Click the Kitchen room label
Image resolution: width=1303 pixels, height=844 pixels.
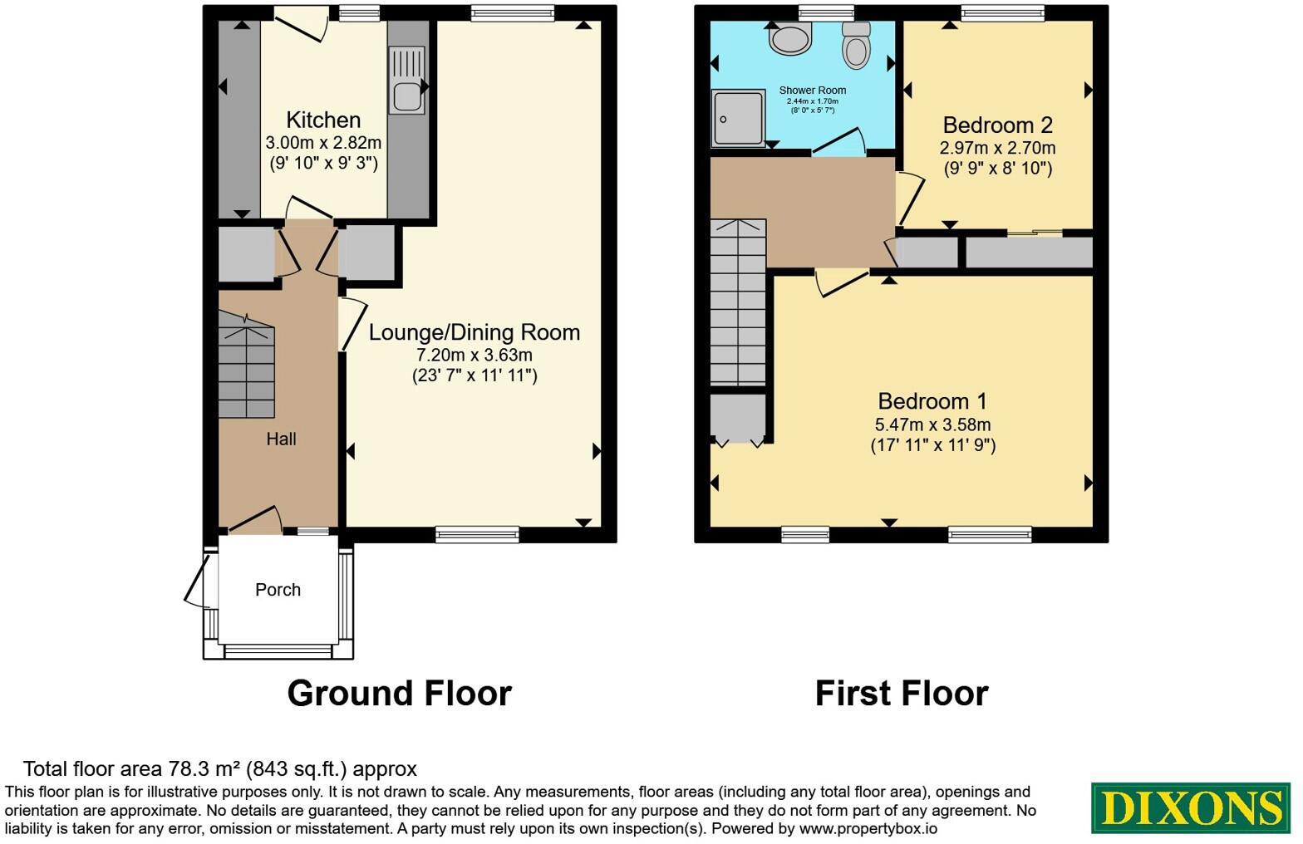323,120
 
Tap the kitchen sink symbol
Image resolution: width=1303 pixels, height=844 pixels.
406,80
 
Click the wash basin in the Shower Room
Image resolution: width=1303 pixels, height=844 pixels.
790,38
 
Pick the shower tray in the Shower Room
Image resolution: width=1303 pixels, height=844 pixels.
738,119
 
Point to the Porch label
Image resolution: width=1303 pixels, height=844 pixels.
278,590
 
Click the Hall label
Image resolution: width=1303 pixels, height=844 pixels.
281,439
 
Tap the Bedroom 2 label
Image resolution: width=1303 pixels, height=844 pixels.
997,125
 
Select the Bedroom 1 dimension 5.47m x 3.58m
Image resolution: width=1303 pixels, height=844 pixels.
932,424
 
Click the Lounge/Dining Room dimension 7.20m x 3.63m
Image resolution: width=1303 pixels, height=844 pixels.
474,355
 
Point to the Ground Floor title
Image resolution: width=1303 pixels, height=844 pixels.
400,694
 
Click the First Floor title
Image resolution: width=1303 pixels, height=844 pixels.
902,694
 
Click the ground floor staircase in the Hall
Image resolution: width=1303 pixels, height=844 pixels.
247,365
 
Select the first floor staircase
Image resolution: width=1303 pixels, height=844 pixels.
738,302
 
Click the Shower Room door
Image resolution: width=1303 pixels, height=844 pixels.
838,141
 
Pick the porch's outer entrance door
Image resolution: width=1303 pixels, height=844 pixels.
197,581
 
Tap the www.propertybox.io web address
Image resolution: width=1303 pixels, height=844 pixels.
868,829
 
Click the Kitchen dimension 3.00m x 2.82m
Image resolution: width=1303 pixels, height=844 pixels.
323,143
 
